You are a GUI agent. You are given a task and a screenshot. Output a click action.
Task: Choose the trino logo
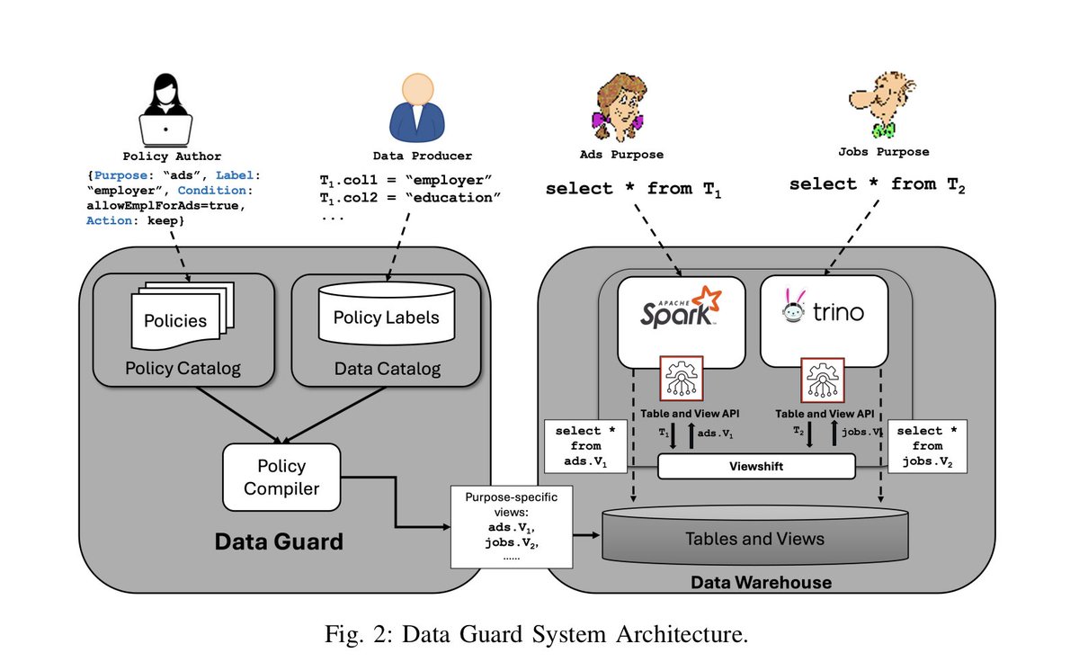(x=824, y=311)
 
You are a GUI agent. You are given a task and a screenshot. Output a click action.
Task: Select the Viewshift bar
(x=756, y=467)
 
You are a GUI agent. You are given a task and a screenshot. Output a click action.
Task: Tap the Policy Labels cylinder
(x=387, y=318)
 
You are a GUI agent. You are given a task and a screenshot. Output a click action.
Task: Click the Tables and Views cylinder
(x=754, y=537)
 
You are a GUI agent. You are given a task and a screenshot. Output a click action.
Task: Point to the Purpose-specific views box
(x=498, y=527)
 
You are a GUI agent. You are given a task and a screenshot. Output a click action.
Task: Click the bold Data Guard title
(x=279, y=542)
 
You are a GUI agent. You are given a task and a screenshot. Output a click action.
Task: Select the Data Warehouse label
(x=761, y=583)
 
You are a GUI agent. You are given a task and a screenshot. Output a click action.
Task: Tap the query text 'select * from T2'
(x=877, y=184)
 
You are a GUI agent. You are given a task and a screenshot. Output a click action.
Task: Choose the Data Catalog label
(x=388, y=368)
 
